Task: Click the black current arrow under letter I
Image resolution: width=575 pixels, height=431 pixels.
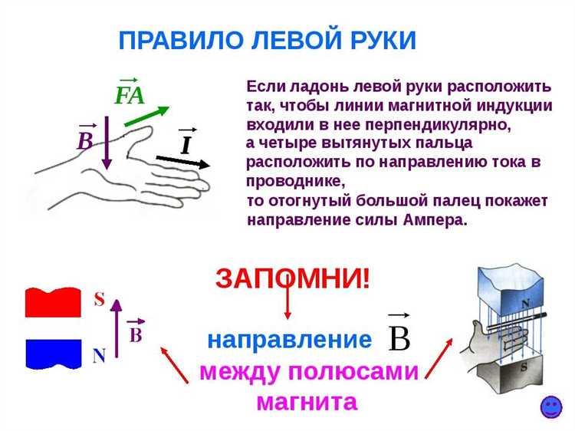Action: [x=184, y=161]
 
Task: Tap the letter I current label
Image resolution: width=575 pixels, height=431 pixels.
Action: [x=186, y=144]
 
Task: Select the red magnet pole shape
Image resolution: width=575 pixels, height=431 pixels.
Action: [x=53, y=302]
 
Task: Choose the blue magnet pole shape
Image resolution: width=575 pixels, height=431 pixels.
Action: [x=53, y=353]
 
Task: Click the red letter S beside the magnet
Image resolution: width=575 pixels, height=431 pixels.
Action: [x=99, y=299]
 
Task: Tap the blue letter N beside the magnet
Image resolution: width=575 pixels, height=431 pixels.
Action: [x=99, y=356]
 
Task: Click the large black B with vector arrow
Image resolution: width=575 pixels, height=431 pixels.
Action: [x=399, y=334]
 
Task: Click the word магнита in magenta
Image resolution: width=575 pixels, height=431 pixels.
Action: [x=307, y=401]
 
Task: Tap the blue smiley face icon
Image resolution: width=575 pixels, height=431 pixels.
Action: [x=550, y=407]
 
